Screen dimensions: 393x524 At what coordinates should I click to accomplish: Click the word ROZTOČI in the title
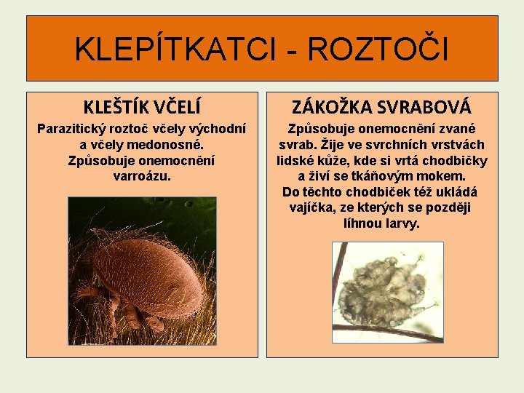[x=378, y=49]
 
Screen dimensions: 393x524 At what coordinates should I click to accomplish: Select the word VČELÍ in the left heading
[x=176, y=108]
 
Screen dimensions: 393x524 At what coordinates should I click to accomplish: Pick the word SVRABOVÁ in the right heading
[x=426, y=108]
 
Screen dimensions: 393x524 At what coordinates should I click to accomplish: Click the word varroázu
[x=143, y=175]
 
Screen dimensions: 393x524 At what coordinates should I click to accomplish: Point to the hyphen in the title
[x=292, y=51]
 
